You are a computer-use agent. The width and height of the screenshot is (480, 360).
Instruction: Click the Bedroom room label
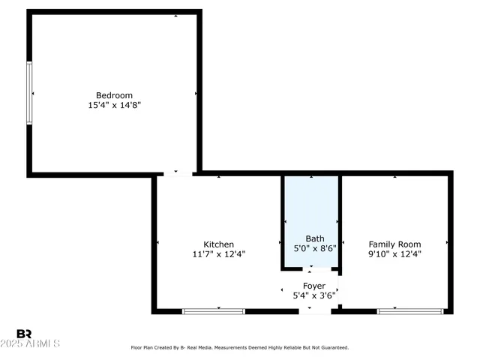pyautogui.click(x=114, y=95)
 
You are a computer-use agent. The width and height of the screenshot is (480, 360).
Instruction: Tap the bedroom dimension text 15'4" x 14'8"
pyautogui.click(x=114, y=106)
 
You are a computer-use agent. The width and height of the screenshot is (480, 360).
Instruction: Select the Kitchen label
pyautogui.click(x=219, y=244)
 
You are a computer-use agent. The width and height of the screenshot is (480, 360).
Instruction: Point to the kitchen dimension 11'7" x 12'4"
pyautogui.click(x=219, y=254)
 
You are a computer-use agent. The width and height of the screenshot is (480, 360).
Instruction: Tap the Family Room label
pyautogui.click(x=394, y=244)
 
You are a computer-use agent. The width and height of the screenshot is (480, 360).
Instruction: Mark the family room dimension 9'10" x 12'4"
pyautogui.click(x=394, y=254)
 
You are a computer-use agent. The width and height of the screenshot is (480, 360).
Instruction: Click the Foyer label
pyautogui.click(x=313, y=286)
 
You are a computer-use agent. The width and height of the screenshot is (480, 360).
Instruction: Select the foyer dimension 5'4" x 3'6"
pyautogui.click(x=313, y=296)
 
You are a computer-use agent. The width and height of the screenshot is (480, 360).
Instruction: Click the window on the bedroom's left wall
pyautogui.click(x=30, y=93)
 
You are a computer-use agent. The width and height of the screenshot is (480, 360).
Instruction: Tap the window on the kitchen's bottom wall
pyautogui.click(x=214, y=310)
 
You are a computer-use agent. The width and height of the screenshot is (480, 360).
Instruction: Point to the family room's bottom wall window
pyautogui.click(x=410, y=310)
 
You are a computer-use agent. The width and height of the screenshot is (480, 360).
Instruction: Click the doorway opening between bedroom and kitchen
pyautogui.click(x=178, y=174)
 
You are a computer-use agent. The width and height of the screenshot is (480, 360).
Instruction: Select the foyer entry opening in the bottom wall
pyautogui.click(x=314, y=310)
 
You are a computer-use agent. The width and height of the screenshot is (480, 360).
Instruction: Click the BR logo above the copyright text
pyautogui.click(x=25, y=334)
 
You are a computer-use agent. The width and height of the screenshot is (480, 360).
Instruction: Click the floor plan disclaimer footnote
pyautogui.click(x=240, y=348)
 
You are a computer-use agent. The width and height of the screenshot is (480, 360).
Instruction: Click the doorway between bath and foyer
pyautogui.click(x=310, y=268)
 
